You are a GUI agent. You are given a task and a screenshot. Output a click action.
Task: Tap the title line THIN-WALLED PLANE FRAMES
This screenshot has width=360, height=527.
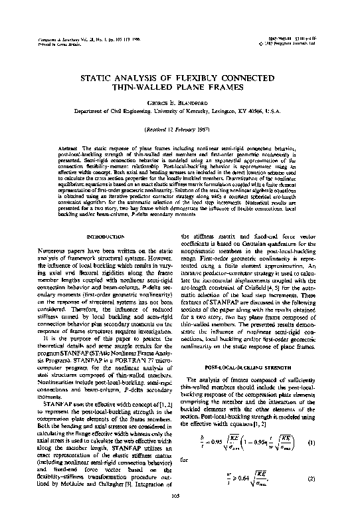click(x=179, y=86)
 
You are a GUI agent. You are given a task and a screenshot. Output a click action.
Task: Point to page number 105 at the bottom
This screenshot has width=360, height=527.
click(x=179, y=515)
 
